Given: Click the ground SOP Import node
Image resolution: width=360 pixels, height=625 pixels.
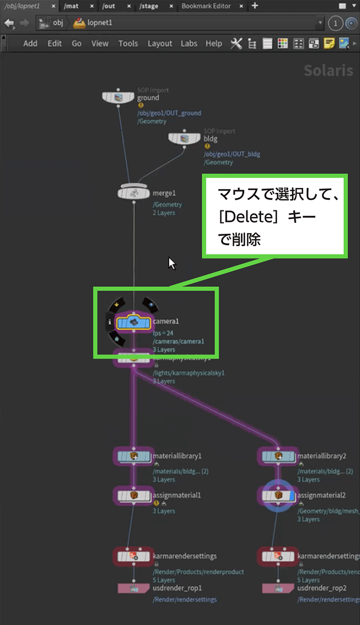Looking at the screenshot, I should (x=118, y=97).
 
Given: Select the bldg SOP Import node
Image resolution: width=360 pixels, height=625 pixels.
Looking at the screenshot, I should (x=184, y=139).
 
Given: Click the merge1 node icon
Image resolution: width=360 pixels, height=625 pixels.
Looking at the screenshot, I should (x=134, y=193).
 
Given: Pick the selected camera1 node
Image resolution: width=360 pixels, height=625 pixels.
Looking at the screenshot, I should (x=134, y=322).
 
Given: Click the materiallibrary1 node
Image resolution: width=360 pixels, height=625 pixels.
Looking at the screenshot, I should (x=134, y=456).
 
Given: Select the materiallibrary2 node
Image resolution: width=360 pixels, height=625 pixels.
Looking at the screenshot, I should (x=278, y=456).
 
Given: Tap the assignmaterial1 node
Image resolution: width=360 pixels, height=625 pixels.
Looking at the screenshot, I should (x=134, y=495).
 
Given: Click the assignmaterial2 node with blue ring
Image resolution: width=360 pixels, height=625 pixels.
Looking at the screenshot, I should (x=278, y=495).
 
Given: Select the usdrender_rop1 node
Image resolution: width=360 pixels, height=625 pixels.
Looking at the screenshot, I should (x=134, y=589).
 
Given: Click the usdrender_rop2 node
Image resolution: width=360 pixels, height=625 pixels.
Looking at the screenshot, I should (x=278, y=589).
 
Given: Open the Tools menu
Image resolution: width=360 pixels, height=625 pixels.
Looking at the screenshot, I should (x=128, y=43).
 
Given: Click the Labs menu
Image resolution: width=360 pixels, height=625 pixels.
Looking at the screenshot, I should (x=189, y=43).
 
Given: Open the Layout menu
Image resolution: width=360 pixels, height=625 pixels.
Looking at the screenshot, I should (x=159, y=43).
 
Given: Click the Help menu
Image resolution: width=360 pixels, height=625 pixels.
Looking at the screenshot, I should (x=214, y=43).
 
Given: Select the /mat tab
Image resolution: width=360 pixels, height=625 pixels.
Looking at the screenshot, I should (x=71, y=6).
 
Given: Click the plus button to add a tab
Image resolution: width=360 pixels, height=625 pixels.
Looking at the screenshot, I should (x=255, y=6).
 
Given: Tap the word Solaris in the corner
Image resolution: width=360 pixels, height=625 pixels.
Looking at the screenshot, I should (x=328, y=70).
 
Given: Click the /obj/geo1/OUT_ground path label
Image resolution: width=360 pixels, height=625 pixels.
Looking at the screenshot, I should (x=169, y=113).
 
